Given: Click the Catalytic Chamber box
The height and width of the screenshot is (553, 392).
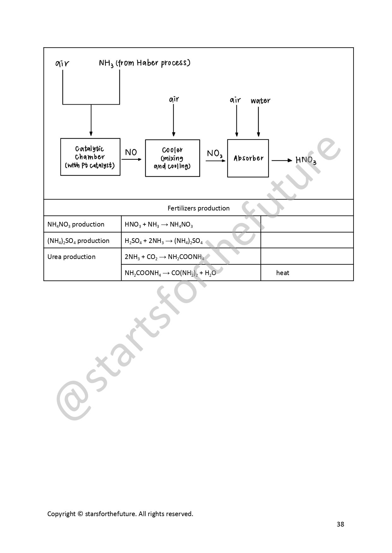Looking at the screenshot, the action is point(90,157).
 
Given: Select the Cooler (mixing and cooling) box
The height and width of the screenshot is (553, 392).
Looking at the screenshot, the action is point(172,158).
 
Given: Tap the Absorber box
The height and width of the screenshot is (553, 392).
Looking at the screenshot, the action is point(248,158).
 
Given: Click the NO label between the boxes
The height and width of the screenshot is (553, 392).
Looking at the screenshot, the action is point(131,153).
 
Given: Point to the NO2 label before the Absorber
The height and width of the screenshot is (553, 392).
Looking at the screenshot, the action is point(215,153).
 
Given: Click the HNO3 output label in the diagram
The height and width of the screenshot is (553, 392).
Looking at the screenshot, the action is point(306,160).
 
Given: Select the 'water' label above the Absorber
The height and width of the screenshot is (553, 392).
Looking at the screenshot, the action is point(260,101).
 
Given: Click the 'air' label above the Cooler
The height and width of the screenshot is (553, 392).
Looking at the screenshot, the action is point(174,100).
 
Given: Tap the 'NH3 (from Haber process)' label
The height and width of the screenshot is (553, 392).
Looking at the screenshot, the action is point(145,63).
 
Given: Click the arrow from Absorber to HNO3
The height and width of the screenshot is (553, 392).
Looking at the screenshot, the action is point(282,160).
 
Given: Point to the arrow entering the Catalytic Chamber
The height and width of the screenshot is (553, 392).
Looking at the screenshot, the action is point(91,121).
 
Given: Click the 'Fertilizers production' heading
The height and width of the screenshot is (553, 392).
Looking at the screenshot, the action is point(199,208).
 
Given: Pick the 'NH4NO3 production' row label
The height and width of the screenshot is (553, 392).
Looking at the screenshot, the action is point(76,224).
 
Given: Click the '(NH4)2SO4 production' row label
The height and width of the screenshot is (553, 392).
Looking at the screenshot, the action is point(78,241).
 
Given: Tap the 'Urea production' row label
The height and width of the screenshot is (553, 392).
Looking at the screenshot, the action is point(71,257).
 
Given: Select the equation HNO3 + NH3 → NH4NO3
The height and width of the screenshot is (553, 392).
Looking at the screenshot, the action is point(159,225).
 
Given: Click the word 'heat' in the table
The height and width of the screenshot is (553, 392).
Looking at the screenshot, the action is point(282,273).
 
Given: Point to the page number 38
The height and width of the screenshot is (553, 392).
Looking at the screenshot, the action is point(340,524).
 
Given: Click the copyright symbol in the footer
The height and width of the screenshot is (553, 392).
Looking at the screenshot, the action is point(80,514).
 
